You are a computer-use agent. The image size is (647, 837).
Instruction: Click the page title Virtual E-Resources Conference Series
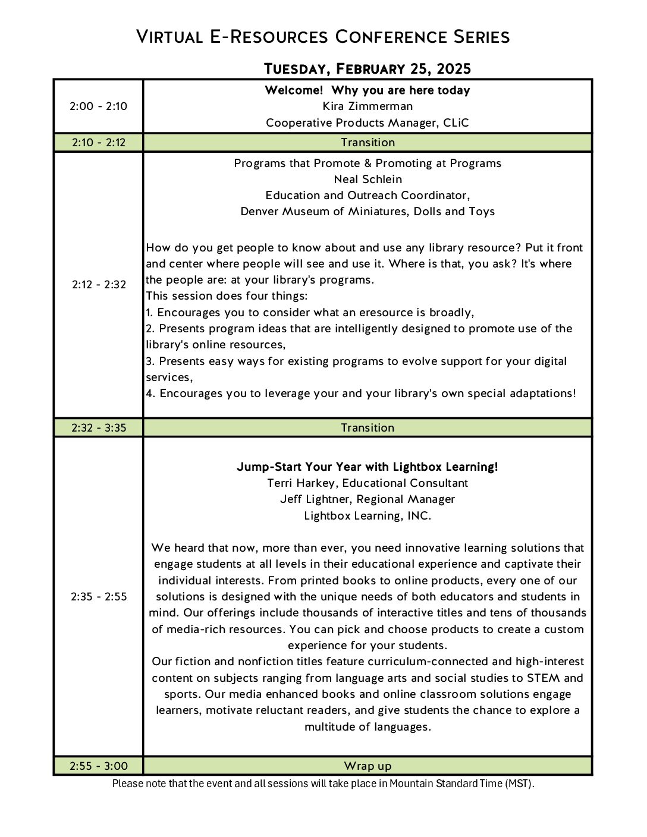tap(323, 37)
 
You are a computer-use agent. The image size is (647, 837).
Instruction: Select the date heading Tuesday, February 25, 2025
tap(367, 69)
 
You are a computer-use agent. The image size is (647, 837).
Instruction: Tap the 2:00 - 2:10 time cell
tap(98, 106)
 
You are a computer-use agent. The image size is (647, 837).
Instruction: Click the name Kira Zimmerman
tap(368, 106)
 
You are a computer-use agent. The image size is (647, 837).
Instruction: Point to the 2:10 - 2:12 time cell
tap(98, 143)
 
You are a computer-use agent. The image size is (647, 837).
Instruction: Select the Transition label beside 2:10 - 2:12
tap(368, 143)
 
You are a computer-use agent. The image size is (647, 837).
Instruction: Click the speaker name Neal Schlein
tap(368, 180)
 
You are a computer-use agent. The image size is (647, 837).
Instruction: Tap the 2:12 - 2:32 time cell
tap(99, 285)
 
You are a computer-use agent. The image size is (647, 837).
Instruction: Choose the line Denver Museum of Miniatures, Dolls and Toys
tap(368, 212)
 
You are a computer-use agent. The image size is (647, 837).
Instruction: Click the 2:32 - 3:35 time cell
tap(99, 428)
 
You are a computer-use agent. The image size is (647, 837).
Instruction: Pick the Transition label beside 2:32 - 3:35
tap(368, 428)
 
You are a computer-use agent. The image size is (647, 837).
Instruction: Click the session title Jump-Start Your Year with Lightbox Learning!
tap(368, 467)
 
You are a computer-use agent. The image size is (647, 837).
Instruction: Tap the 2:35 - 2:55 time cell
tap(99, 597)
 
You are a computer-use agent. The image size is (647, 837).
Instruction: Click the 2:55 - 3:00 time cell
tap(99, 766)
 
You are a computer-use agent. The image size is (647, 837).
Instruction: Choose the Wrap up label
tap(368, 766)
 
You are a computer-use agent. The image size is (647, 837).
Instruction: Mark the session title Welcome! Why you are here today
tap(368, 90)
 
